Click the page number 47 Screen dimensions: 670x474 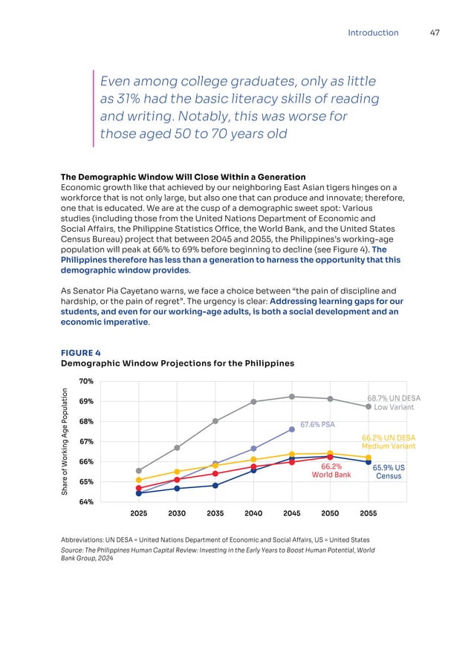(x=436, y=33)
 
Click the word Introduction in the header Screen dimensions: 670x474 (x=373, y=33)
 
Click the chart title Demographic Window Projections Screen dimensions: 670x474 (x=178, y=363)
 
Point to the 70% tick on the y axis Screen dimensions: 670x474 (x=85, y=381)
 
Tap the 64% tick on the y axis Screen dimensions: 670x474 (x=85, y=502)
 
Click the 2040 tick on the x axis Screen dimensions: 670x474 (x=253, y=513)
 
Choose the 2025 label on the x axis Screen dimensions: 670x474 (x=139, y=513)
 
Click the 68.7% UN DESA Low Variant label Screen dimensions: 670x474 (x=394, y=403)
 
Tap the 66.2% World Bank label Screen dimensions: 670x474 (x=331, y=471)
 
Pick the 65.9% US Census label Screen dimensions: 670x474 (x=389, y=472)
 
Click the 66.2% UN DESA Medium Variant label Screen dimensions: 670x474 (x=388, y=442)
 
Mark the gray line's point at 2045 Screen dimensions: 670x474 (x=292, y=397)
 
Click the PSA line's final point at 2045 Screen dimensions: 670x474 (x=292, y=429)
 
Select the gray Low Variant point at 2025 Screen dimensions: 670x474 (x=139, y=470)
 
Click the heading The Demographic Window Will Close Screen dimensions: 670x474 (x=182, y=177)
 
